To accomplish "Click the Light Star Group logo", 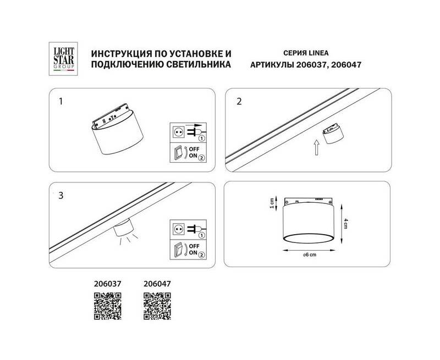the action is (63, 59).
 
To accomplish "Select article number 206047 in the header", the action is (346, 65).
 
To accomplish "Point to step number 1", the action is (61, 101).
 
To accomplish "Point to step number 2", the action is (239, 101).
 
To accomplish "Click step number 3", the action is (61, 196).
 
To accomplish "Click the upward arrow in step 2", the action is (316, 147).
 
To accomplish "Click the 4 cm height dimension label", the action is (346, 224).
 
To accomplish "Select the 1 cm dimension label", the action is (271, 203).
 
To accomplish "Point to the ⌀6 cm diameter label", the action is (310, 254).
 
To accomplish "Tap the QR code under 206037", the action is (107, 306).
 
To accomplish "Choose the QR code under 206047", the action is (157, 306).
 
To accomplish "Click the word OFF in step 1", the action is (194, 149).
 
